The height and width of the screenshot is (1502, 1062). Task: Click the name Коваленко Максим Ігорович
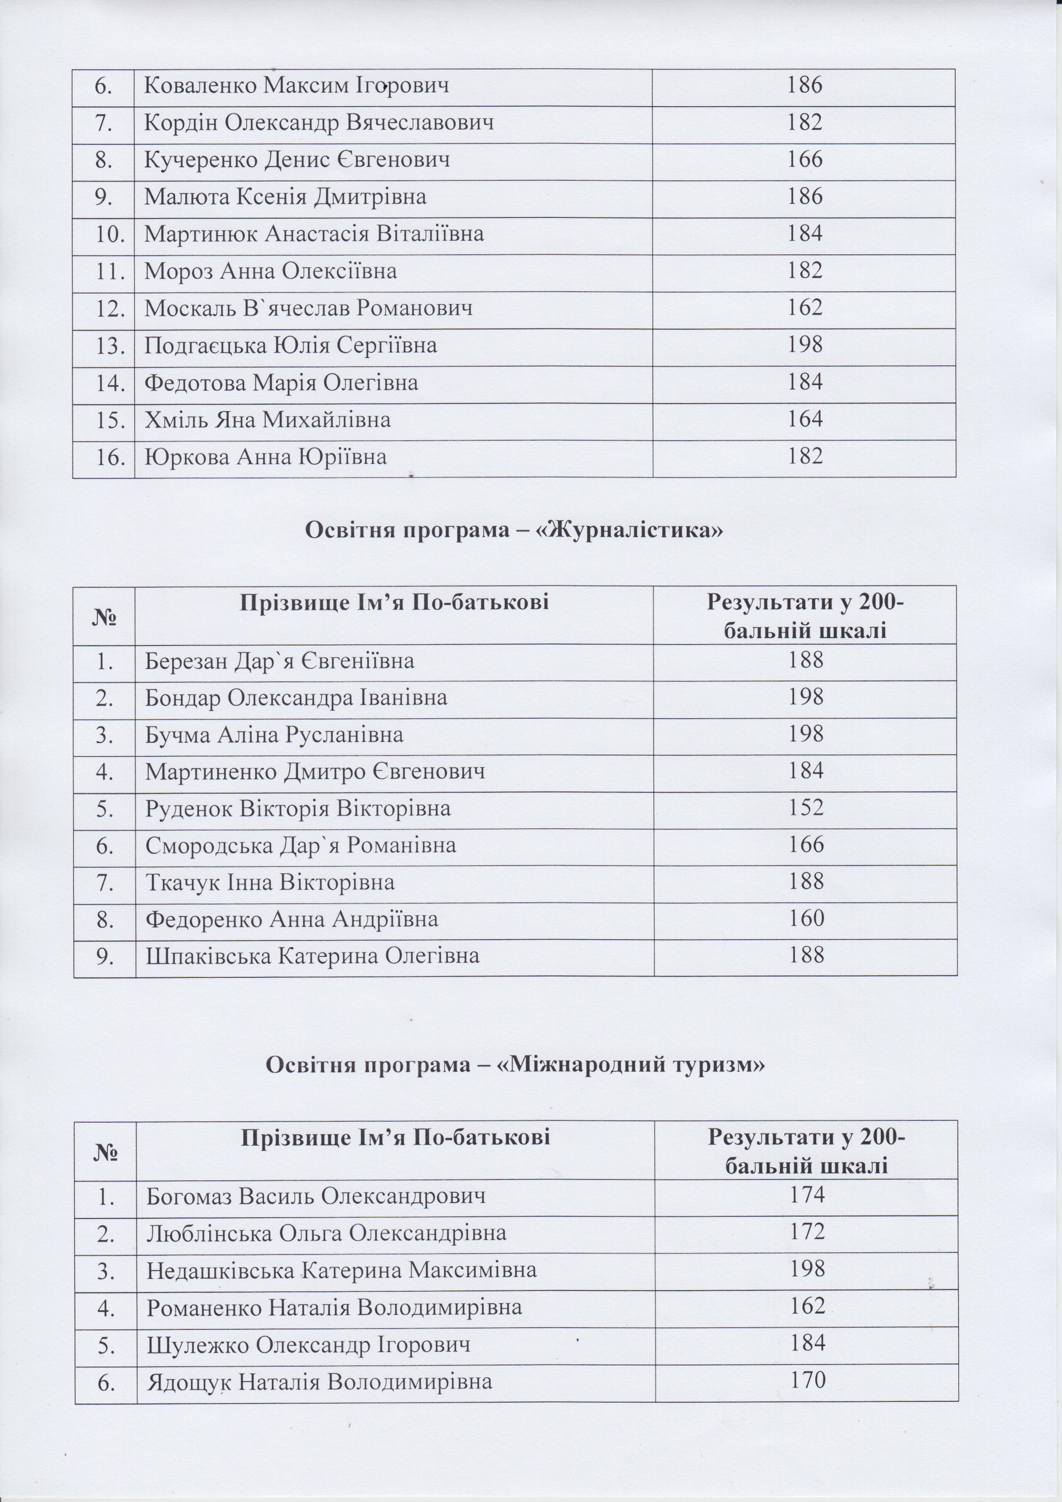[x=296, y=86]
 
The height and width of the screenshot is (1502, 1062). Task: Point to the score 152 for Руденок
[x=805, y=808]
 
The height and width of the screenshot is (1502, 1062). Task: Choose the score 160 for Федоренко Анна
[x=805, y=919]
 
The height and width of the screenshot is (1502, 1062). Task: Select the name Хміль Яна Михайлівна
[x=268, y=419]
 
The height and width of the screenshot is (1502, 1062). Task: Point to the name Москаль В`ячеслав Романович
[x=308, y=308]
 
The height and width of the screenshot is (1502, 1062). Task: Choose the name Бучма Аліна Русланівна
[x=274, y=735]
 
